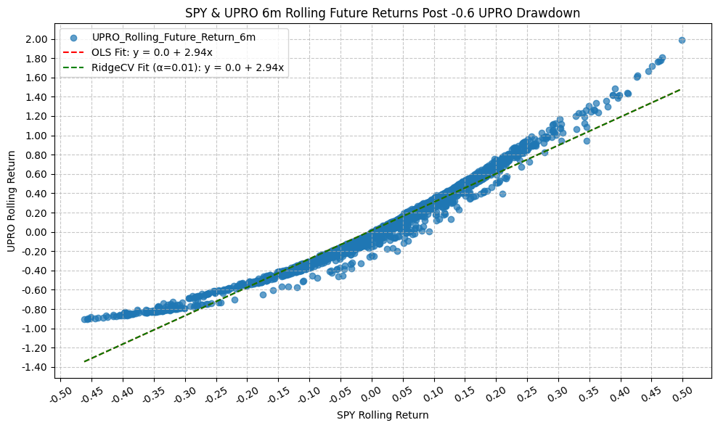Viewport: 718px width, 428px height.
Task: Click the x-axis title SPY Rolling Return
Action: (383, 416)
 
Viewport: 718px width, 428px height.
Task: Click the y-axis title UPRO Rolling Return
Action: (11, 201)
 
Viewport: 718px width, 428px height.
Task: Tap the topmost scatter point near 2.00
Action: (682, 40)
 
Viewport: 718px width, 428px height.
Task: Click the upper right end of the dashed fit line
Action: (681, 89)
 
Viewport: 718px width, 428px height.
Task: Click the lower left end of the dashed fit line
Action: (85, 361)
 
